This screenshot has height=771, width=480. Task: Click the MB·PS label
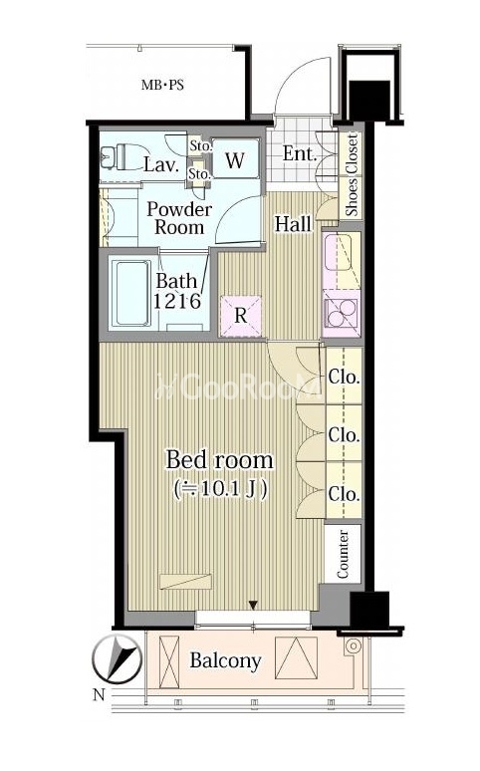point(162,85)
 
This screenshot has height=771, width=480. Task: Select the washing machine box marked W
point(235,158)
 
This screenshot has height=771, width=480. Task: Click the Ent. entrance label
point(300,154)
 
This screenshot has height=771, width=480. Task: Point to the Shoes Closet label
point(352,175)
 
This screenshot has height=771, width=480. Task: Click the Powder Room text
point(179,218)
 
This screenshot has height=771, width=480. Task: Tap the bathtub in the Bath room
point(131,293)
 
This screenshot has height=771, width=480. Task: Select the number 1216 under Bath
point(177,301)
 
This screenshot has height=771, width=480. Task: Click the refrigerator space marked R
point(240,316)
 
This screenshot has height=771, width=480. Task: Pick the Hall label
point(293,224)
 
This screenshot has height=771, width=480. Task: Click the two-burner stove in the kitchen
point(342,313)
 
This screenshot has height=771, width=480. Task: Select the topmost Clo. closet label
point(345,378)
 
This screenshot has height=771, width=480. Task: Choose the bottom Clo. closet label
point(345,494)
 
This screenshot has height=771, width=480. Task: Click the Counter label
point(343,554)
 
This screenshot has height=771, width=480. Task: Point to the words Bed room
point(219,460)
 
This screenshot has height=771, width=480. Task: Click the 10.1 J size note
point(220,489)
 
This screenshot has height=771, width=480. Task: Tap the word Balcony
point(225,661)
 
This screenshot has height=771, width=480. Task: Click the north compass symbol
point(118,659)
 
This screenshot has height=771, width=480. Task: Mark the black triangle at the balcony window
point(253,605)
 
